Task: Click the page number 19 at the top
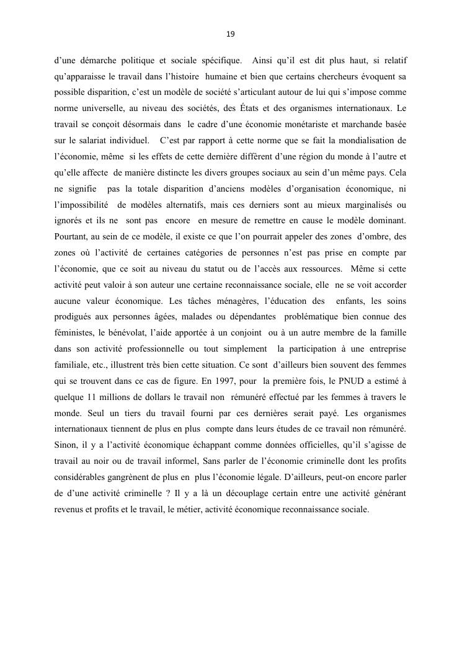231,33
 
